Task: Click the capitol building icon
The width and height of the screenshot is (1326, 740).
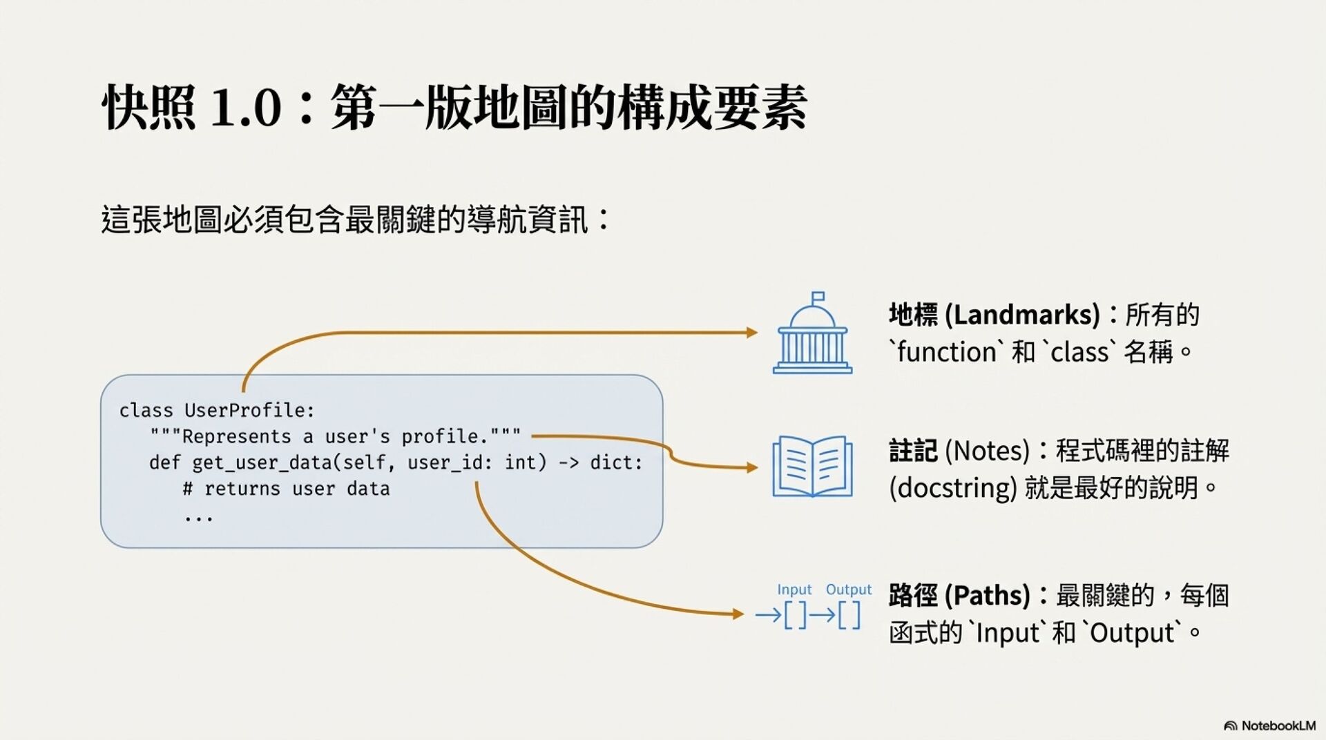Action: (x=812, y=335)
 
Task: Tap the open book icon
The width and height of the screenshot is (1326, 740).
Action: (x=812, y=467)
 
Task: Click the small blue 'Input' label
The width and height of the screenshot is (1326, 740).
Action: (x=794, y=590)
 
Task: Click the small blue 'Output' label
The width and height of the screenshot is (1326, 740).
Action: (x=849, y=590)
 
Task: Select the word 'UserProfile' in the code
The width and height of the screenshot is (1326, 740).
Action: (x=249, y=411)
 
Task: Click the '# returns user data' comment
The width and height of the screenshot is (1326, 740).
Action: (x=286, y=489)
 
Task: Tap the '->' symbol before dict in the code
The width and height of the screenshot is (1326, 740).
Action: (x=568, y=463)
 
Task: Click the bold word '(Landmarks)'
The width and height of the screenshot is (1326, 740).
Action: (x=1022, y=315)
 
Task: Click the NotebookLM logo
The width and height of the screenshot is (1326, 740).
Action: (x=1269, y=726)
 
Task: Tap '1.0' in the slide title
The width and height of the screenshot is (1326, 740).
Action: (x=246, y=108)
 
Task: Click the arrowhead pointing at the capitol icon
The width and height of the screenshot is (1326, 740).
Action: (x=752, y=333)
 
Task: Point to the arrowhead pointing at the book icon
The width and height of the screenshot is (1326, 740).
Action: (x=752, y=467)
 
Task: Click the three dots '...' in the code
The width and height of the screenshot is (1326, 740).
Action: (x=199, y=516)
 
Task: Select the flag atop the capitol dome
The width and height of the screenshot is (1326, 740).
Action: (x=818, y=297)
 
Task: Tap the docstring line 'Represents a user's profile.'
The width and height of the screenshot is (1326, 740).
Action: (x=336, y=437)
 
